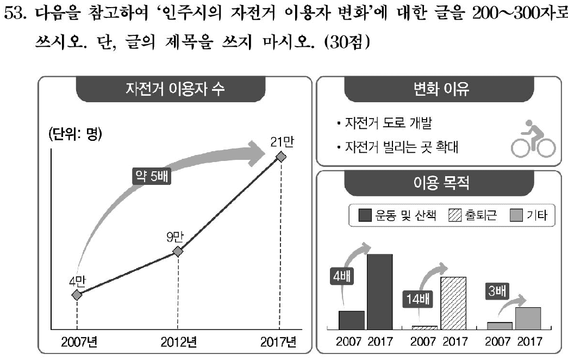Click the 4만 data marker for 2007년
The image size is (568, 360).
pos(77,295)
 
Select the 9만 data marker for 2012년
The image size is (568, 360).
pos(177,251)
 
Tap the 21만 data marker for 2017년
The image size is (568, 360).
pos(280,157)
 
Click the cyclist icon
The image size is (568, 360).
pos(533,139)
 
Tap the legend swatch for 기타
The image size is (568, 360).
pos(516,216)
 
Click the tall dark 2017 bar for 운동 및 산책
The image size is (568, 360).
pos(379,291)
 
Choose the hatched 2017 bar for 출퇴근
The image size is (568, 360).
pos(453,303)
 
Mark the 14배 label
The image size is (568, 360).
pos(417,299)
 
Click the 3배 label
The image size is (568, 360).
pos(496,292)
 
